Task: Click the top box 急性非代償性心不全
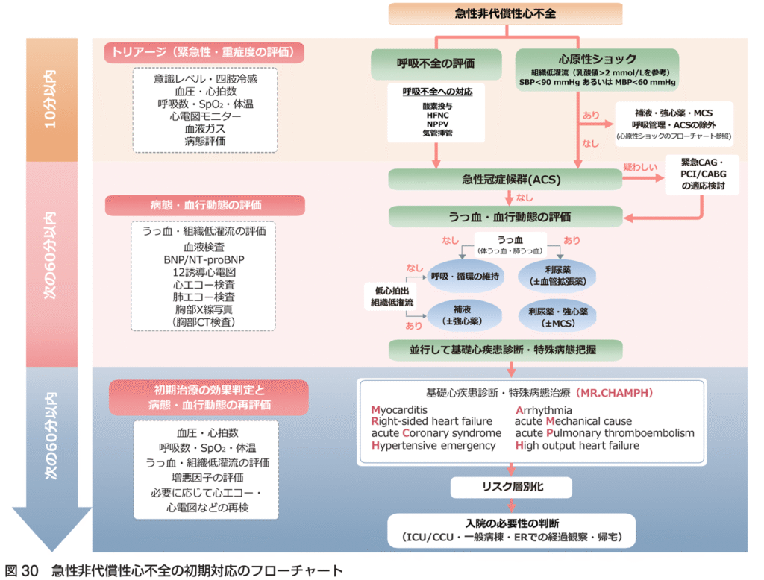(x=505, y=13)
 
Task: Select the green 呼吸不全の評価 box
(x=436, y=63)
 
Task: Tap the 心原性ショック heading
(x=597, y=59)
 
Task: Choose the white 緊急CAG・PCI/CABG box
(x=701, y=174)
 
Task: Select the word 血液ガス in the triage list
(x=204, y=129)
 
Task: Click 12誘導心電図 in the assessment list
(x=204, y=271)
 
